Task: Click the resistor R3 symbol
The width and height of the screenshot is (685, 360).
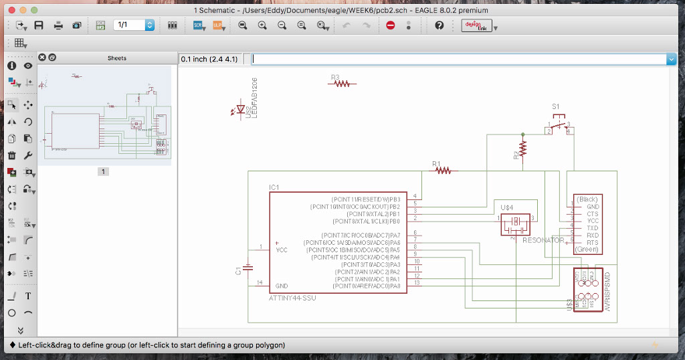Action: (342, 84)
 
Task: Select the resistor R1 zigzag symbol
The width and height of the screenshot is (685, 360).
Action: (443, 171)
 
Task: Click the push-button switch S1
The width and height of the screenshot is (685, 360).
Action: (559, 126)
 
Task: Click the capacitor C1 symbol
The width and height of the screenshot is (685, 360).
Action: (248, 268)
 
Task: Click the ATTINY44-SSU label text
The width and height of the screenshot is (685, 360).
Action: (292, 298)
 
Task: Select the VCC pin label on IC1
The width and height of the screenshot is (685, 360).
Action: (282, 250)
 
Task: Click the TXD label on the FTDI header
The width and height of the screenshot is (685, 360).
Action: (592, 228)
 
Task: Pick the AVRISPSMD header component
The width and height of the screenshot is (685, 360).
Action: (588, 290)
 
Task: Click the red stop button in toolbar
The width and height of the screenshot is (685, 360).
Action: (391, 25)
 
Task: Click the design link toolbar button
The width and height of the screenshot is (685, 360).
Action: (477, 25)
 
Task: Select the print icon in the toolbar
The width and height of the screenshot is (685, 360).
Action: (58, 25)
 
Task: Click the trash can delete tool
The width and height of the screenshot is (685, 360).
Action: (12, 155)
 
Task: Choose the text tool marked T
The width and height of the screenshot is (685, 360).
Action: (28, 296)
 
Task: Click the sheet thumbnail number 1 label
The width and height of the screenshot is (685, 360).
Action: (103, 172)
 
